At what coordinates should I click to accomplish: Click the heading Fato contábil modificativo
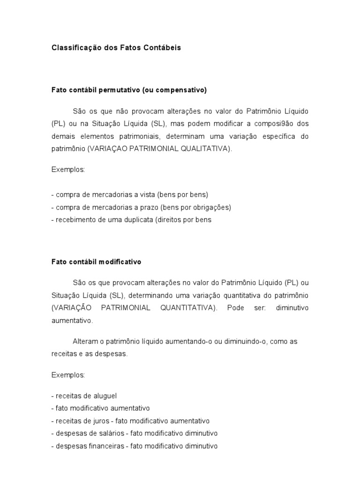pyautogui.click(x=96, y=262)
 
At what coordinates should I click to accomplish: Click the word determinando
pyautogui.click(x=149, y=296)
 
